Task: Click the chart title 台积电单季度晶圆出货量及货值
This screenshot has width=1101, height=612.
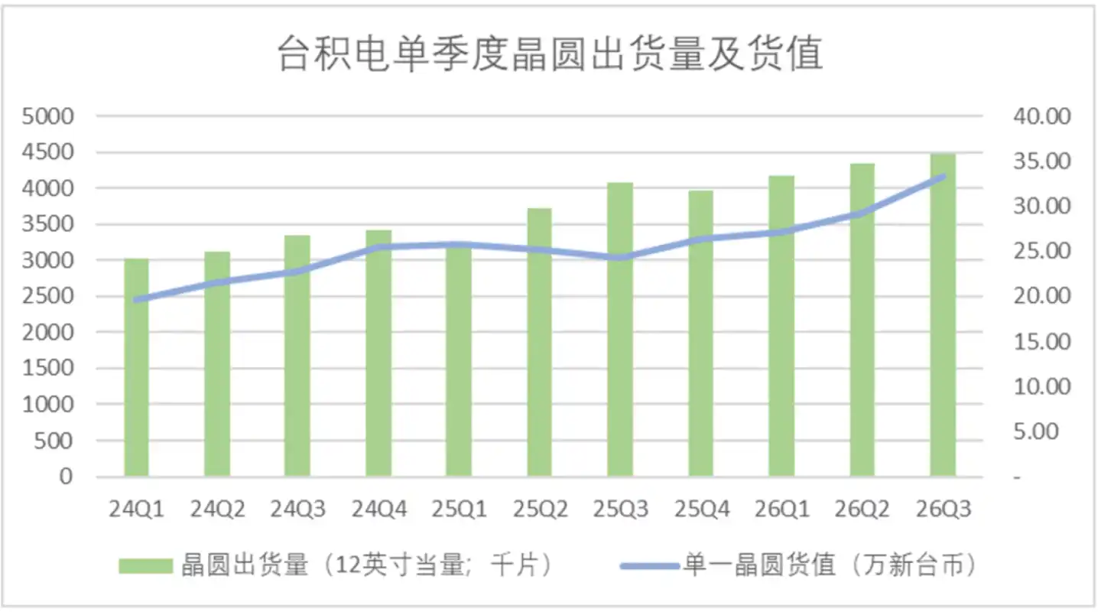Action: point(550,53)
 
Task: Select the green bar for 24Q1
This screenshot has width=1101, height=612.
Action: point(136,367)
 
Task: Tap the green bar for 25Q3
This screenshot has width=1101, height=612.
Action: point(620,330)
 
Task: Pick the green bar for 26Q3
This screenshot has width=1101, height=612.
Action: point(943,315)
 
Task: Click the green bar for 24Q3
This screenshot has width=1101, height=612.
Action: point(297,356)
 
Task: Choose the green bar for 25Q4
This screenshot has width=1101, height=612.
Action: point(700,334)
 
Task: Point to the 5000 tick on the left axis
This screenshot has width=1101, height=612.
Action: point(47,116)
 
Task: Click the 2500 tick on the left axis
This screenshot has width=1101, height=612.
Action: point(47,296)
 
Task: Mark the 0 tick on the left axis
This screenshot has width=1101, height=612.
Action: point(66,477)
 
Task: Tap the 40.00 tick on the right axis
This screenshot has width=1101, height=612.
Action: point(1042,116)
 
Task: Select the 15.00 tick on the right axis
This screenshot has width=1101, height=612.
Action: point(1042,341)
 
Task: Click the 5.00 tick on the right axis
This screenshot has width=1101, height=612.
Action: point(1035,431)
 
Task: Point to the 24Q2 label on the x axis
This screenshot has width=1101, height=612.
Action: point(217,509)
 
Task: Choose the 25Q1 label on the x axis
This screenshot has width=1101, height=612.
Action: point(459,509)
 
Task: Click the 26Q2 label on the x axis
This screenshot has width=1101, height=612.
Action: point(862,509)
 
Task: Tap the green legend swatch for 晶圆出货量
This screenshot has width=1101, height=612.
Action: point(145,566)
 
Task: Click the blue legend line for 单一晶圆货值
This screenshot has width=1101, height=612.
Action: point(650,566)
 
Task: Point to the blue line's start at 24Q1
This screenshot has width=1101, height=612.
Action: point(136,300)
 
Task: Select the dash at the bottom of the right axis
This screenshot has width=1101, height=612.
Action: point(1017,477)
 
